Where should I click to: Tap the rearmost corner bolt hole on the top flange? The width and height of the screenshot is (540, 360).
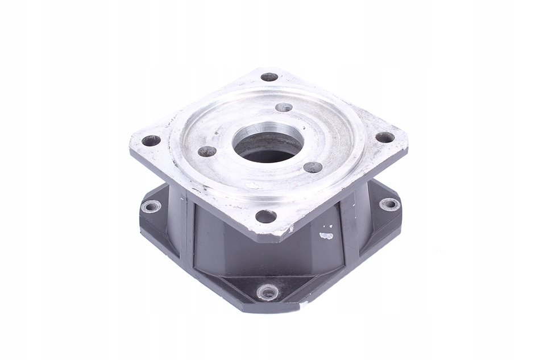click(269, 77)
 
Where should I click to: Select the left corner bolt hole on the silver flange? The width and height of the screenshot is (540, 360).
click(151, 140)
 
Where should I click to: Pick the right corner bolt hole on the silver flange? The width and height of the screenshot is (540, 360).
click(385, 137)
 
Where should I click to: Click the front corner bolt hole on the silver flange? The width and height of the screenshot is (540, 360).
click(265, 216)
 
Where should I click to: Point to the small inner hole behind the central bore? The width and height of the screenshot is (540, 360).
click(284, 107)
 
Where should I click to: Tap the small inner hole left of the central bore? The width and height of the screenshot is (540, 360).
click(207, 151)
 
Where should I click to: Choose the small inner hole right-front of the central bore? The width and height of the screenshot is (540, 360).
click(313, 167)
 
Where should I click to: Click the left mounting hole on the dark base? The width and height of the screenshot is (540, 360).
click(151, 206)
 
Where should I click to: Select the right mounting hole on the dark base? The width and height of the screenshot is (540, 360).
click(389, 204)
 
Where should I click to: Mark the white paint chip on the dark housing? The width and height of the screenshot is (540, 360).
click(326, 235)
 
